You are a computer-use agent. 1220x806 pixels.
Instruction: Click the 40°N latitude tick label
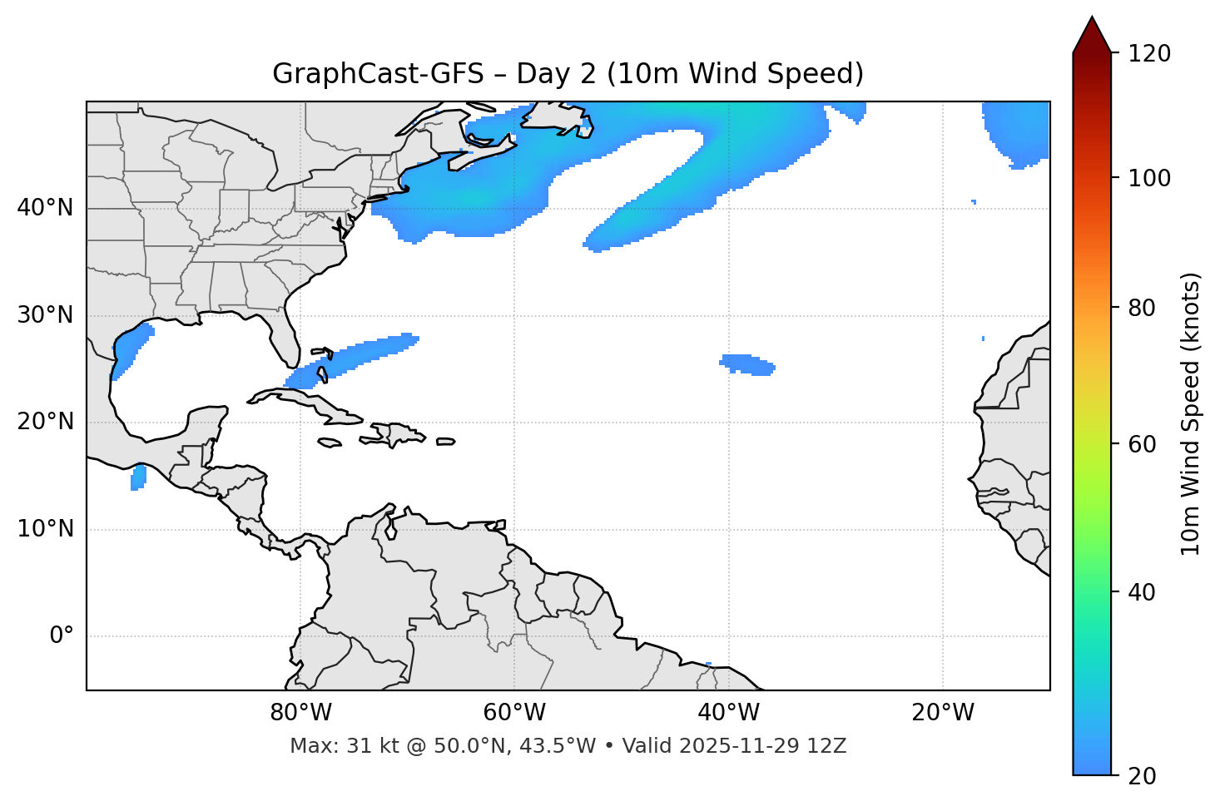click(45, 208)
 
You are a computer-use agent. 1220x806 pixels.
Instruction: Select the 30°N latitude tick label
click(45, 315)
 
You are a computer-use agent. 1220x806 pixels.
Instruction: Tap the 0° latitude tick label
click(62, 636)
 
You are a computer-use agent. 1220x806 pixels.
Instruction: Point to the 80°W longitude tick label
click(300, 713)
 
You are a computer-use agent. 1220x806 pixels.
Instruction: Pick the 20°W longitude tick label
click(943, 713)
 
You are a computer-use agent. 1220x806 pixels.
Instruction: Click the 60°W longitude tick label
click(514, 713)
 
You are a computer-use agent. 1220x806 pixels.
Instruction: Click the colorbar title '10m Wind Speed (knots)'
click(1191, 413)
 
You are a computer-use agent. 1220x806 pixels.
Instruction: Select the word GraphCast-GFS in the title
click(378, 74)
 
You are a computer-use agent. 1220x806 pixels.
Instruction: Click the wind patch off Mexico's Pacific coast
click(138, 477)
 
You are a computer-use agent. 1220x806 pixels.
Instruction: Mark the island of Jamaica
click(330, 443)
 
